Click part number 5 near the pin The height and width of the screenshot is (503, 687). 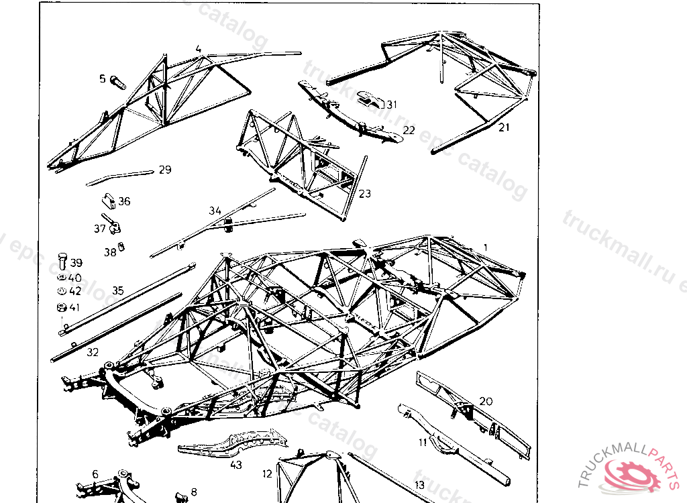coord(103,79)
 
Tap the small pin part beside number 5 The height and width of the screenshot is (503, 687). coord(118,82)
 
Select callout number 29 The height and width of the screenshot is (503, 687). coord(165,170)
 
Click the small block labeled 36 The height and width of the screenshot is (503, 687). coord(107,201)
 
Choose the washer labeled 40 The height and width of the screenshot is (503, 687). coord(60,277)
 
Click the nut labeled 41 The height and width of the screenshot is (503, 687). coord(60,308)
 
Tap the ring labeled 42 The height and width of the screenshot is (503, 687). coord(60,291)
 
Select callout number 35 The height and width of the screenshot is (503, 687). coord(118,290)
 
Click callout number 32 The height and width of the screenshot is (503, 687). coord(93,351)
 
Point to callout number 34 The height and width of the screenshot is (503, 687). coord(215,211)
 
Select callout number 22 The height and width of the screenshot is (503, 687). coord(409,129)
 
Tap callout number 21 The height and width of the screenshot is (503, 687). coord(504,127)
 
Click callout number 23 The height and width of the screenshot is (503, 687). coord(364,194)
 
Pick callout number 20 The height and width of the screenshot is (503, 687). coord(486,401)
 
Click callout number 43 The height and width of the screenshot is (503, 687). coord(235,464)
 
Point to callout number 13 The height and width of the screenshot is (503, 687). coord(419,484)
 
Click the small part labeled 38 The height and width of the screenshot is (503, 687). coord(121,247)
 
